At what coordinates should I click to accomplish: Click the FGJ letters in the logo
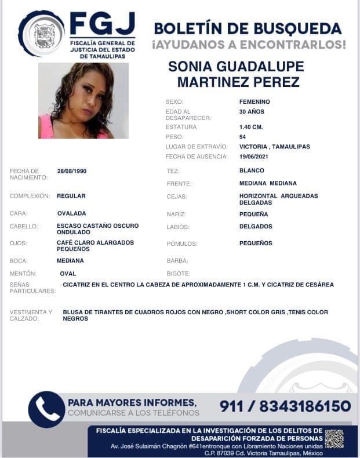point(102,24)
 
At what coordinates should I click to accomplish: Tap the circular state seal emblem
point(41,34)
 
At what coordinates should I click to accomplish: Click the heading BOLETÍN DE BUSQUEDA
point(248,28)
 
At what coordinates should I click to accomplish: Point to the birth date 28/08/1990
point(72,171)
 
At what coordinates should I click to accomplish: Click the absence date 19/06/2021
point(254,157)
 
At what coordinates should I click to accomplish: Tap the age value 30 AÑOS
point(252,111)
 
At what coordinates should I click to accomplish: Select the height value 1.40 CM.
point(251,127)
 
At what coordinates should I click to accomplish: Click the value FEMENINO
point(254,101)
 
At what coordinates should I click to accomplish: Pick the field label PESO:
point(174,137)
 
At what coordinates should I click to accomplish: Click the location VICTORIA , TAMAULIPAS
point(274,147)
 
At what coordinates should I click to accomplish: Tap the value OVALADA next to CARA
point(71,213)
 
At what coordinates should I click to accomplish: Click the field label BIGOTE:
point(178,273)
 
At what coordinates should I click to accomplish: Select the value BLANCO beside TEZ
point(252,170)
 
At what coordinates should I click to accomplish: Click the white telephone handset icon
point(46,409)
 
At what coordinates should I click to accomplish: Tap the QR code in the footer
point(334,438)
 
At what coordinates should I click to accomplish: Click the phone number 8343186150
point(305,406)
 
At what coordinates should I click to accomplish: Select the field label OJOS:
point(19,243)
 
